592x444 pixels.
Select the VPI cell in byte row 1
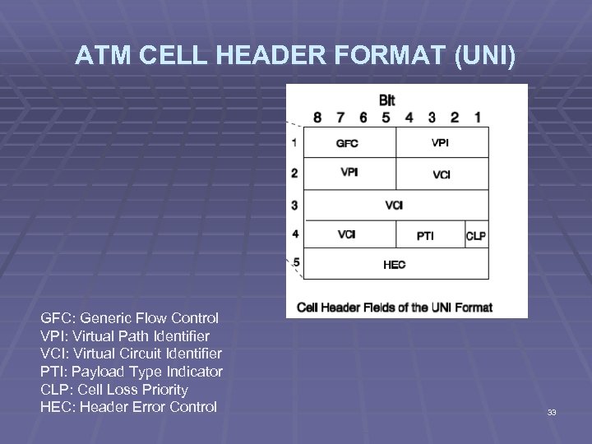point(442,142)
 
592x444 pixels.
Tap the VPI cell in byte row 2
point(349,173)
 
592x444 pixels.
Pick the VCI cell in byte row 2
point(442,173)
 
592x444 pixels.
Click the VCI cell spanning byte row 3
point(395,205)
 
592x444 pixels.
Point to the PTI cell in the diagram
point(425,235)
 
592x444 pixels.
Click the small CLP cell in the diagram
point(476,235)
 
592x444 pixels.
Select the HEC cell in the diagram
point(395,265)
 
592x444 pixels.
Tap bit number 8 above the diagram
point(317,117)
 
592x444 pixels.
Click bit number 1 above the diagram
point(478,117)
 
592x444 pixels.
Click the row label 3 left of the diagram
point(294,205)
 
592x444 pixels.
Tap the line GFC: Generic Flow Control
point(130,317)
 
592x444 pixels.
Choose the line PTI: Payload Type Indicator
point(132,372)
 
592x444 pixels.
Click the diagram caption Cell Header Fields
point(395,308)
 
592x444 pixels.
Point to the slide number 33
point(552,412)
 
